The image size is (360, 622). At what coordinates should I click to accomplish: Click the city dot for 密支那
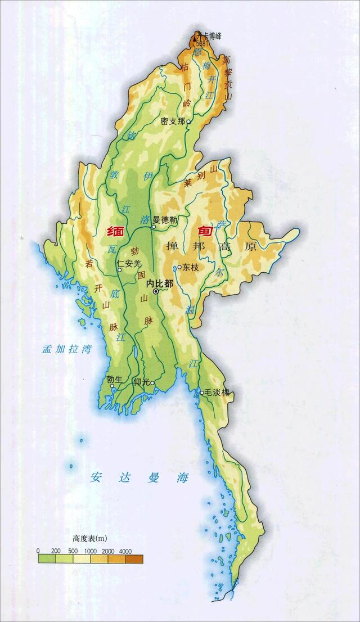(189, 121)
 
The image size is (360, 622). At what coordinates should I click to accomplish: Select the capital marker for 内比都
(156, 291)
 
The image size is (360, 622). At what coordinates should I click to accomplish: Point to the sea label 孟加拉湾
(66, 349)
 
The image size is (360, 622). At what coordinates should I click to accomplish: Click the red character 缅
(117, 231)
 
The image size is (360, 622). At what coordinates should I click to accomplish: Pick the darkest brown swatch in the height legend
(134, 558)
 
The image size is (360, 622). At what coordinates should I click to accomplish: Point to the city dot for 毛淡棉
(201, 393)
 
